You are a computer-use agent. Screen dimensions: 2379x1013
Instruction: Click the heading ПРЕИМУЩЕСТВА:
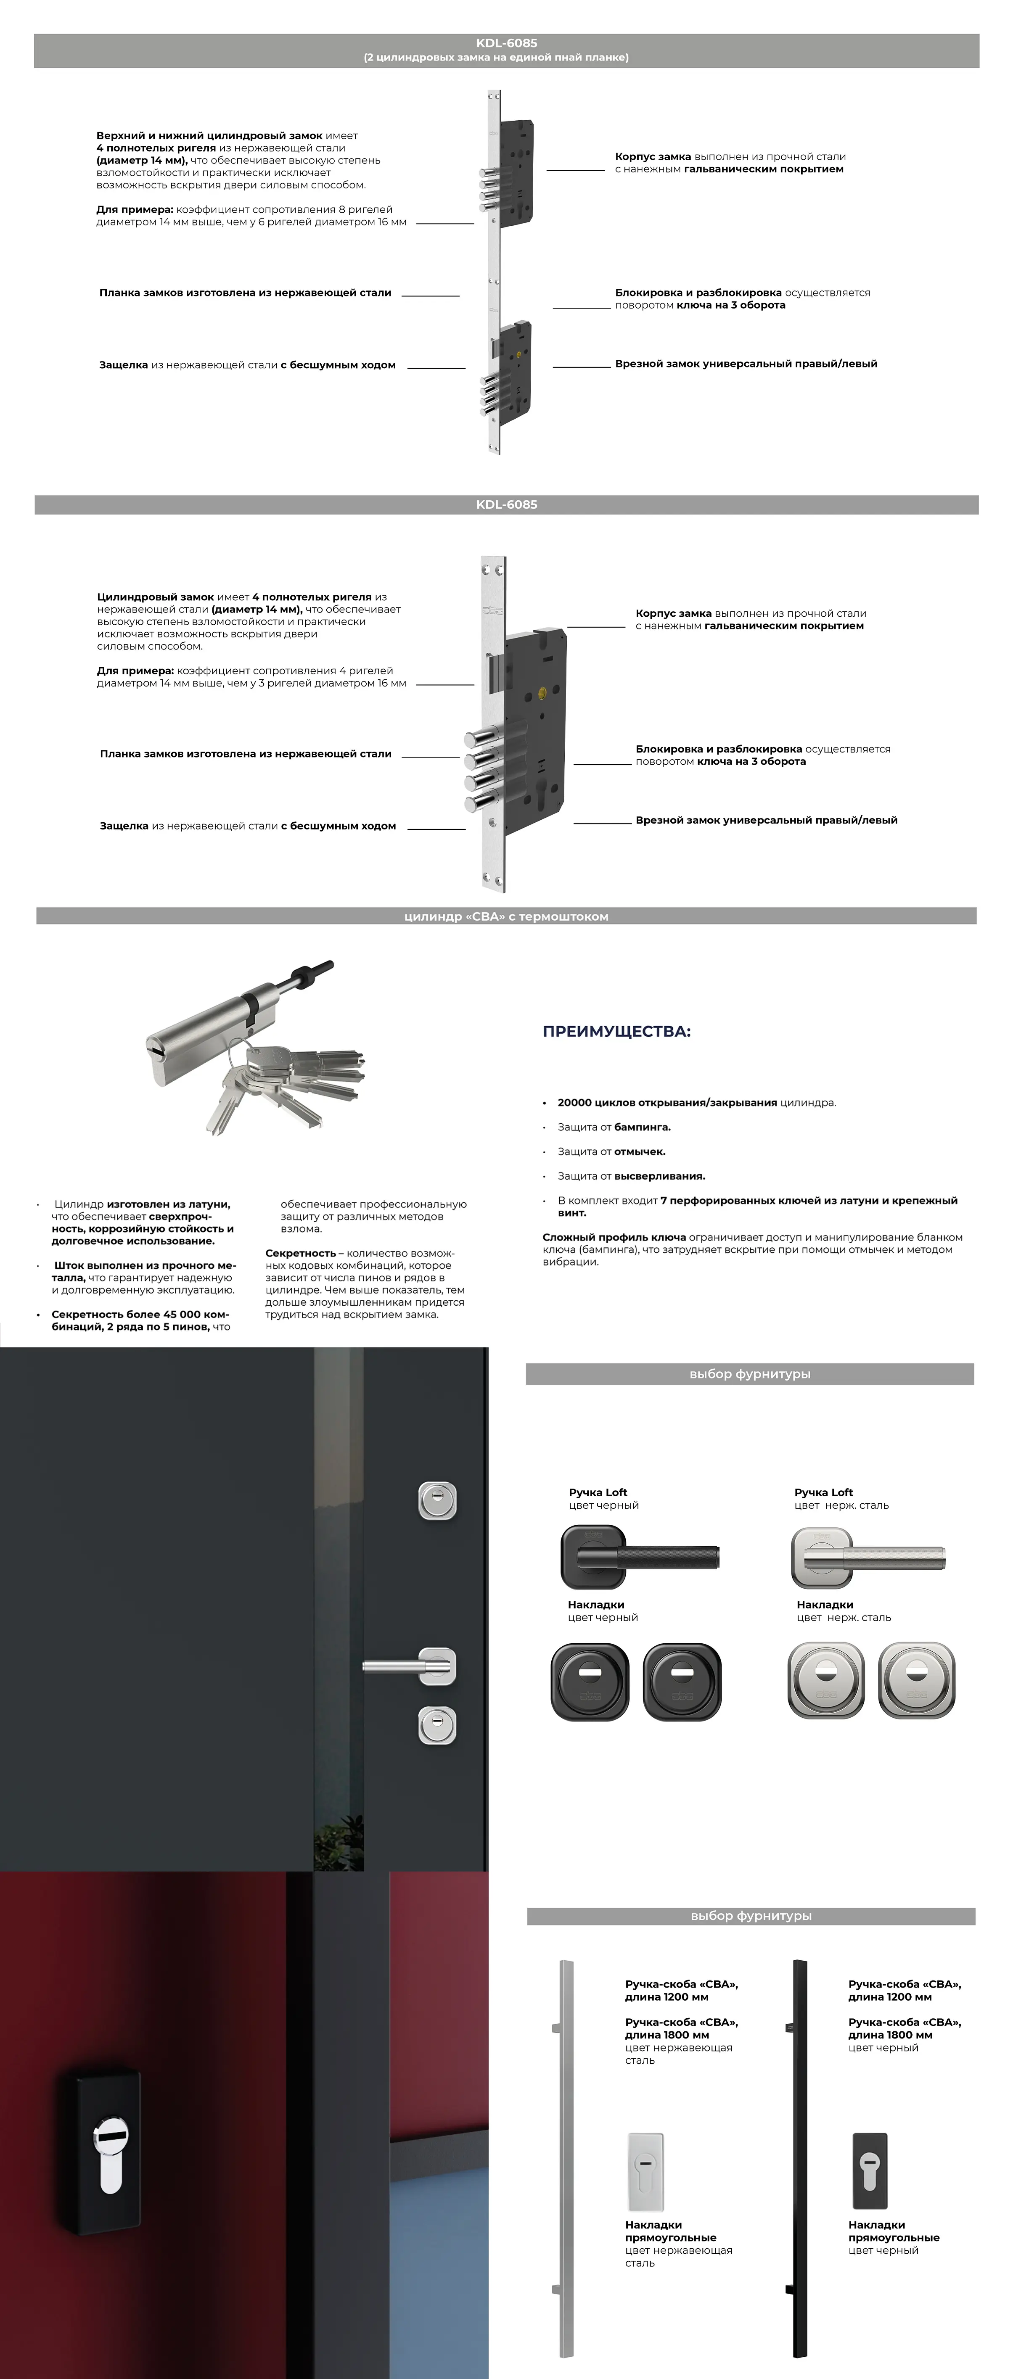coord(616,1032)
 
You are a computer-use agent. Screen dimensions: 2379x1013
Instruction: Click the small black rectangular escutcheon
coord(869,2170)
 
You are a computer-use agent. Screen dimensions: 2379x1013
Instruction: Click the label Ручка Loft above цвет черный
coord(598,1492)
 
